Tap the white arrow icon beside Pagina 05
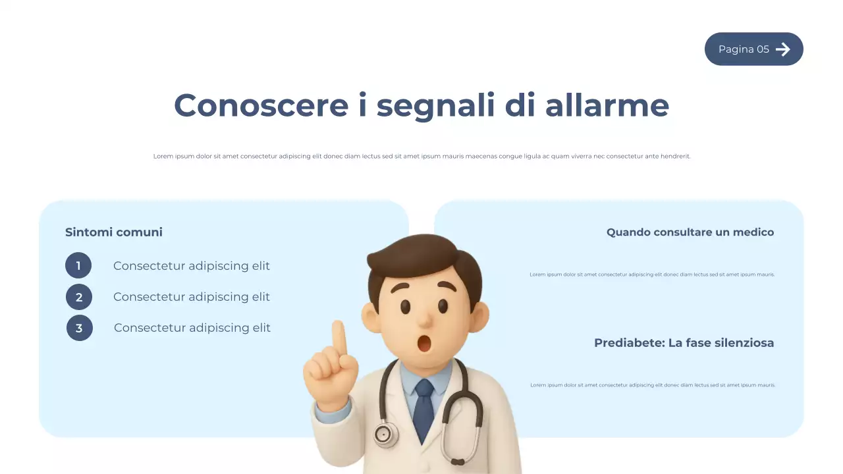[782, 49]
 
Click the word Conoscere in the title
[261, 105]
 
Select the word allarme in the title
[607, 105]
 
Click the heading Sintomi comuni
[113, 232]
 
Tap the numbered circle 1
[78, 266]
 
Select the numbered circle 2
[79, 297]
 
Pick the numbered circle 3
[80, 328]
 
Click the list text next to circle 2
[191, 297]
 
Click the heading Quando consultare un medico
[690, 232]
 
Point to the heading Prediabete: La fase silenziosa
[684, 342]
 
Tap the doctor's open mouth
[425, 343]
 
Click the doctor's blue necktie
[423, 408]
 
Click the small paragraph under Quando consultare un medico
[652, 275]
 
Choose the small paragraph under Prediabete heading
[653, 385]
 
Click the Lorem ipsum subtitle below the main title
[421, 156]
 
